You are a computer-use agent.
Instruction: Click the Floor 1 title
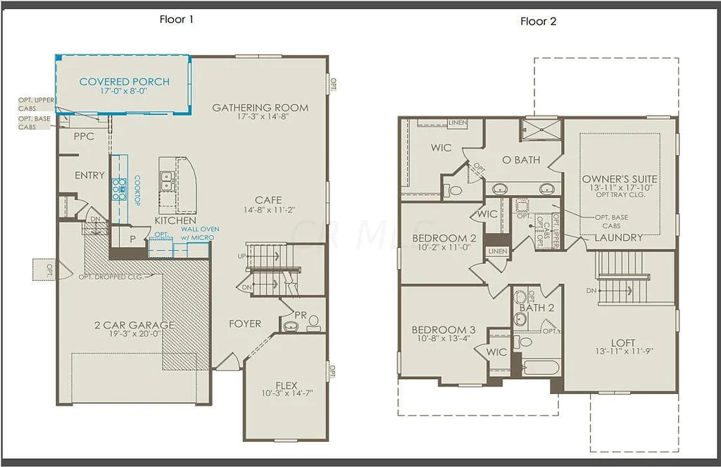coord(176,20)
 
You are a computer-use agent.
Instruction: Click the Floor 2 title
coord(539,21)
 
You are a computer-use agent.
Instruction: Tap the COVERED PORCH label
coord(125,82)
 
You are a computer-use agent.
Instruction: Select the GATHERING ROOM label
coord(261,108)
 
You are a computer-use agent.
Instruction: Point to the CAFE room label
coord(268,200)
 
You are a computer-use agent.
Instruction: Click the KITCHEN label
coord(175,220)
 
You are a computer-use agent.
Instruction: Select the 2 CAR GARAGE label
coord(134,325)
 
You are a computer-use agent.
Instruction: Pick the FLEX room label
coord(286,385)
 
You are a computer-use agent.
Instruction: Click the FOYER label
coord(245,324)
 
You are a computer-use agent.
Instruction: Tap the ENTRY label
coord(89,175)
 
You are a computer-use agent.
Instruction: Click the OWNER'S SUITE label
coord(620,180)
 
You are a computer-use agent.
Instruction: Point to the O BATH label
coord(521,160)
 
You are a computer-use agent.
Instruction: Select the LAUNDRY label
coord(618,237)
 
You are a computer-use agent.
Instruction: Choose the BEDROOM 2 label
coord(444,238)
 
